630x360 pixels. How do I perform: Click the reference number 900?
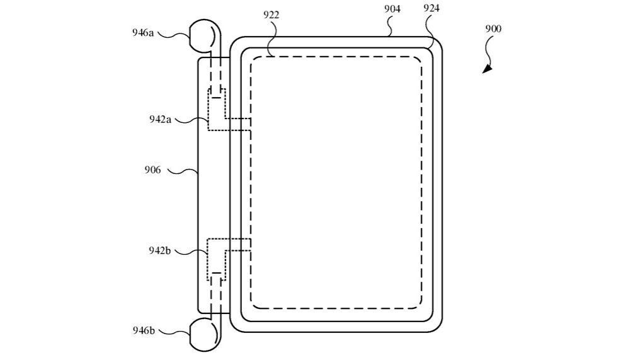[x=493, y=29]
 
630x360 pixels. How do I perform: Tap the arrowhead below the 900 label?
[x=487, y=69]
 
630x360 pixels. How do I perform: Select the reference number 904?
[x=391, y=9]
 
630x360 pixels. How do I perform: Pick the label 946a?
[x=143, y=33]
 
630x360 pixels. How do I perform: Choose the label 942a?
[x=160, y=119]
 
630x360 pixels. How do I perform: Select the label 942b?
[x=160, y=250]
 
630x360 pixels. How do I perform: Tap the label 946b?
[x=143, y=330]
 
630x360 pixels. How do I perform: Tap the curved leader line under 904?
[x=389, y=27]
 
